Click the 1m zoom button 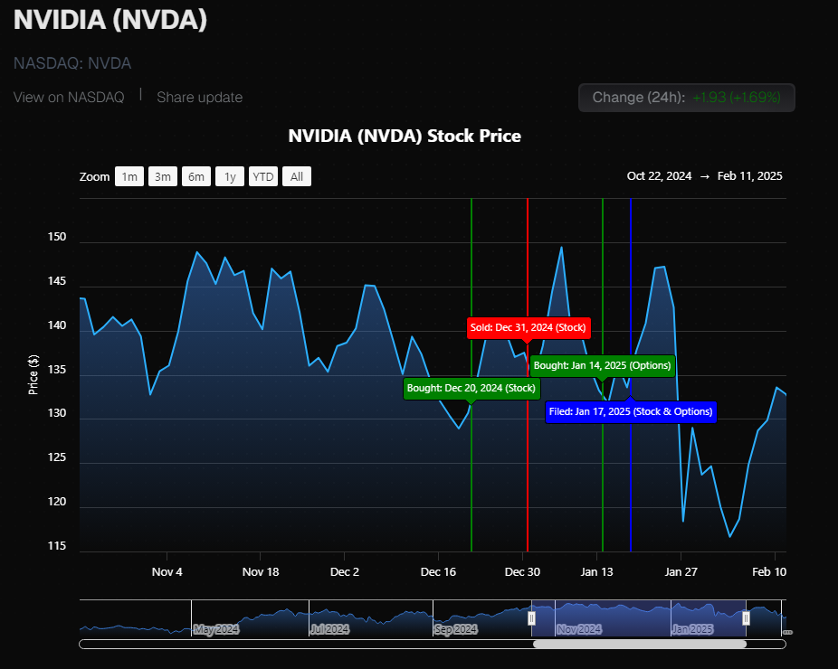pyautogui.click(x=129, y=176)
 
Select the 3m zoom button pyautogui.click(x=163, y=176)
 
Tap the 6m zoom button pyautogui.click(x=196, y=176)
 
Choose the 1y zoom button pyautogui.click(x=230, y=176)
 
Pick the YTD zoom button pyautogui.click(x=263, y=176)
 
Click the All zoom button pyautogui.click(x=297, y=176)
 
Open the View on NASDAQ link pyautogui.click(x=69, y=97)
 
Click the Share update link pyautogui.click(x=199, y=97)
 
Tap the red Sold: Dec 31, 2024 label pyautogui.click(x=528, y=326)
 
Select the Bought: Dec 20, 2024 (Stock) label pyautogui.click(x=471, y=388)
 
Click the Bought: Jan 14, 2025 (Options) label pyautogui.click(x=602, y=365)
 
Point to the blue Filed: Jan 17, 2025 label pyautogui.click(x=631, y=411)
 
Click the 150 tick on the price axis pyautogui.click(x=57, y=237)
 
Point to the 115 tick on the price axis pyautogui.click(x=57, y=546)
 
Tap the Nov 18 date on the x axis pyautogui.click(x=260, y=571)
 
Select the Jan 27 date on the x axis pyautogui.click(x=681, y=571)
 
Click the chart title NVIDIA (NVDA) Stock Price pyautogui.click(x=405, y=137)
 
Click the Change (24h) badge pyautogui.click(x=686, y=98)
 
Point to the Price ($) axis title pyautogui.click(x=33, y=374)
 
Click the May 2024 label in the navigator pyautogui.click(x=216, y=628)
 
